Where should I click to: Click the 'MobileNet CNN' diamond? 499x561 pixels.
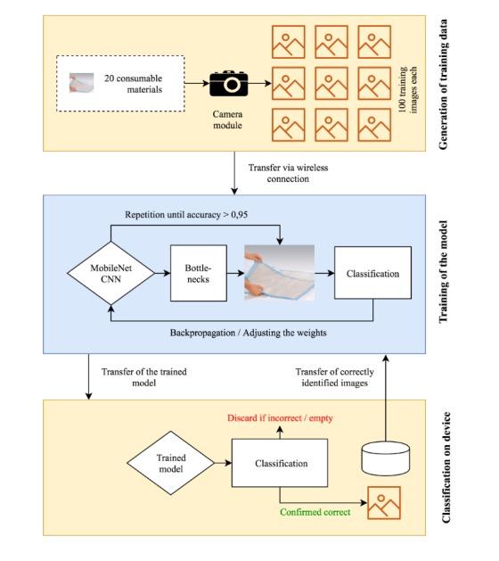click(x=110, y=274)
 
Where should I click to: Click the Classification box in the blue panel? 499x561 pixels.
click(x=372, y=274)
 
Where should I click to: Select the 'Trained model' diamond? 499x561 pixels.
click(x=168, y=465)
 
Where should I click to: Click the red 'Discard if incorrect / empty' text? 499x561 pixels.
click(x=278, y=417)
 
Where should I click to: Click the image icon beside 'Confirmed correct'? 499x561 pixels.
click(x=384, y=503)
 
